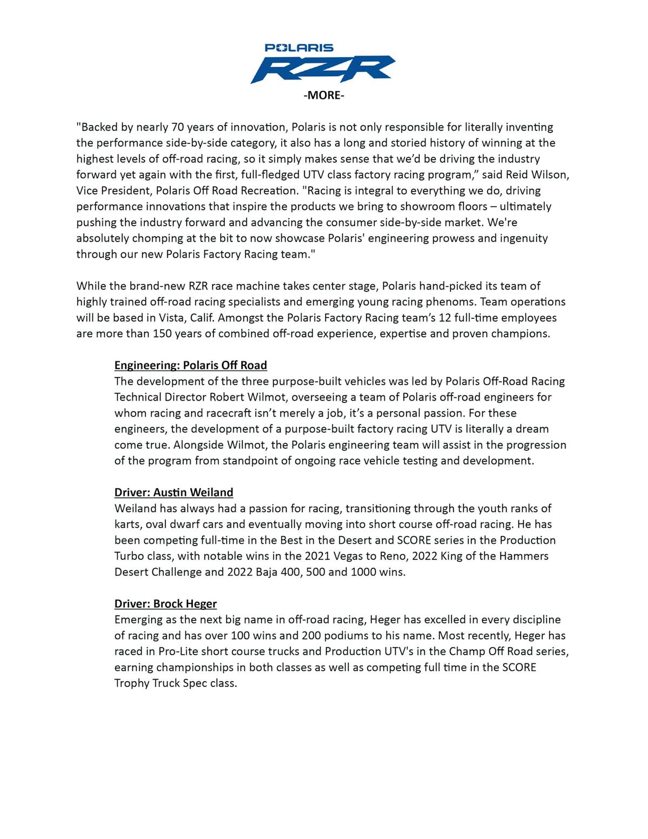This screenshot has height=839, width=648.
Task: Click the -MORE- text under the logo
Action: click(x=323, y=96)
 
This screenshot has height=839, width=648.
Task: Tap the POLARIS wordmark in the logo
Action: click(x=299, y=48)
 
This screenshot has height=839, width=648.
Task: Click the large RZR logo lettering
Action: click(x=323, y=69)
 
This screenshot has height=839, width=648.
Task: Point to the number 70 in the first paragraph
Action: click(x=177, y=127)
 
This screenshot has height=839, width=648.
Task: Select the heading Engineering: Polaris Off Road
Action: click(x=191, y=365)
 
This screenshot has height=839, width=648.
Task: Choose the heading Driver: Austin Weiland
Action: click(x=174, y=493)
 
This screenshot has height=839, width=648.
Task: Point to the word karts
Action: click(x=127, y=524)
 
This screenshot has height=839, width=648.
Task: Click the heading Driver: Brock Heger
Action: click(x=166, y=604)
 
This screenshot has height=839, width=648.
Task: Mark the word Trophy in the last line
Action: click(x=132, y=683)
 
